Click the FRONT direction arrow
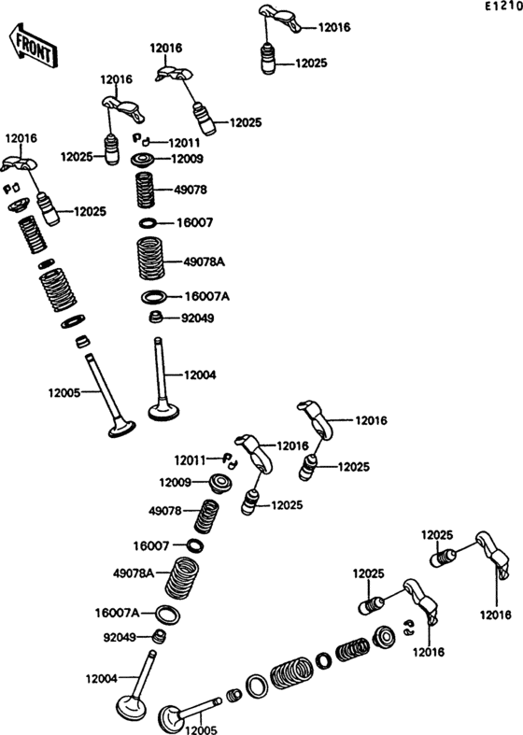tap(33, 46)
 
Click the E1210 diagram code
tap(503, 7)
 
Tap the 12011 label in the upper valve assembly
tap(184, 143)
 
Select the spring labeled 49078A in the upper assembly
tap(150, 259)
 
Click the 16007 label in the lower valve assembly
tap(151, 546)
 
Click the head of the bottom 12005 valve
tap(170, 717)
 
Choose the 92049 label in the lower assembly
tap(120, 638)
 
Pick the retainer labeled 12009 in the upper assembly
tap(144, 160)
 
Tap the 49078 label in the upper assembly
tap(191, 190)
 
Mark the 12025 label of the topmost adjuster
tap(311, 64)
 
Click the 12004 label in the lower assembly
tap(101, 678)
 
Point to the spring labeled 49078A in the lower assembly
tap(182, 576)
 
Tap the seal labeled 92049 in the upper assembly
tap(156, 318)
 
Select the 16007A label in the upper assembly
tap(207, 297)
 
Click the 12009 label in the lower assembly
tap(176, 482)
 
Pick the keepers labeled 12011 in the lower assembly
tap(230, 460)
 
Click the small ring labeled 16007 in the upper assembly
tap(148, 222)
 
